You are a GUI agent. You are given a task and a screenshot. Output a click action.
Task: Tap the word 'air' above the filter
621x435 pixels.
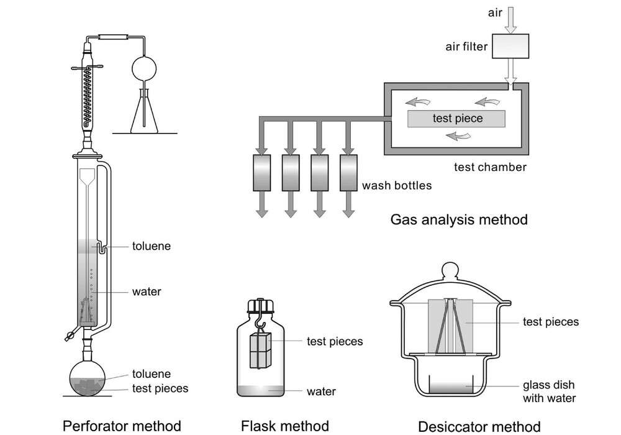tap(494, 12)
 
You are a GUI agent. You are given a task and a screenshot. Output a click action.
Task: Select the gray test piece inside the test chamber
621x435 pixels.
tap(456, 118)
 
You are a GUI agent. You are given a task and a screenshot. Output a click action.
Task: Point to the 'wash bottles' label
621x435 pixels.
tap(396, 185)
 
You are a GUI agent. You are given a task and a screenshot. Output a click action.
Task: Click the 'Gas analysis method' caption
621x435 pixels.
tap(458, 219)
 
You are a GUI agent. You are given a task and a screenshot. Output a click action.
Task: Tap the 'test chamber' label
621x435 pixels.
tap(490, 167)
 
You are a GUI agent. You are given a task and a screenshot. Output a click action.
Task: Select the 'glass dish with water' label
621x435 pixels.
tap(549, 391)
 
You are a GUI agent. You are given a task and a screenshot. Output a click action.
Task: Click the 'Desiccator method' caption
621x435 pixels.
tap(479, 426)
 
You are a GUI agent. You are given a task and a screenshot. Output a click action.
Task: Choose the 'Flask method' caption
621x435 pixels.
tap(284, 426)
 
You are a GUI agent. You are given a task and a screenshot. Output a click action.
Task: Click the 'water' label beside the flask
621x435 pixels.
tap(321, 391)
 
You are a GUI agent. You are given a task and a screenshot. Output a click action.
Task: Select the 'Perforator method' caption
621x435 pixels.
tap(122, 426)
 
